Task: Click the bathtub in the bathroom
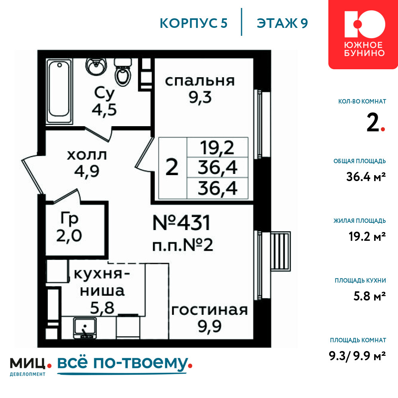[x=59, y=91]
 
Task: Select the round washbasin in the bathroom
[x=96, y=66]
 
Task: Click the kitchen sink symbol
[x=85, y=328]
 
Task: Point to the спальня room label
[x=200, y=81]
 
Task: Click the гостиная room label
[x=209, y=310]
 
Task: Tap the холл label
[x=87, y=155]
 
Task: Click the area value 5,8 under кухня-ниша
[x=102, y=308]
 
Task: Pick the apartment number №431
[x=181, y=223]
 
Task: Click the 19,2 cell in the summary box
[x=217, y=148]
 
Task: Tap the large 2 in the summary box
[x=172, y=167]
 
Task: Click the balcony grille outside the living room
[x=281, y=251]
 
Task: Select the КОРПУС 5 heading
[x=193, y=23]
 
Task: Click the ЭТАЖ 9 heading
[x=282, y=23]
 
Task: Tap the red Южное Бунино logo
[x=363, y=34]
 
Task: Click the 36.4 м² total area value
[x=366, y=177]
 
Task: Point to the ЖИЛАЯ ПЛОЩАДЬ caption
[x=360, y=221]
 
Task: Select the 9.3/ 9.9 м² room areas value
[x=357, y=356]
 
